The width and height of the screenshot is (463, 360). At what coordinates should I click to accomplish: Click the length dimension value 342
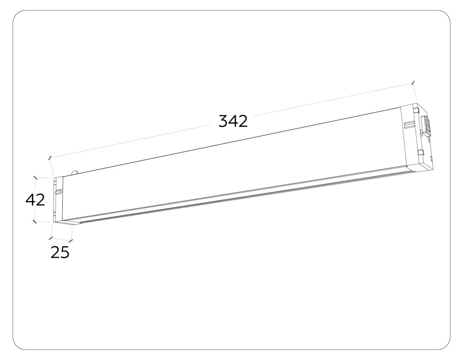pos(233,121)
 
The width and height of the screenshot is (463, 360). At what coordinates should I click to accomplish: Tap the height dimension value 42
pos(35,200)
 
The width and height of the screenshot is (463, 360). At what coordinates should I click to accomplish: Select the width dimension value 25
pos(60,252)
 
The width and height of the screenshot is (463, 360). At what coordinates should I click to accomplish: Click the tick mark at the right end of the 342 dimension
pos(413,83)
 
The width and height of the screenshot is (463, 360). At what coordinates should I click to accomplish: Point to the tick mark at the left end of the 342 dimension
pos(50,158)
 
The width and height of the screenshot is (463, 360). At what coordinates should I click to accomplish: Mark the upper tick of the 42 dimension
pos(35,178)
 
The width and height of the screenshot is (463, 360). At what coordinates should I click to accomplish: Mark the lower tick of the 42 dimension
pos(34,222)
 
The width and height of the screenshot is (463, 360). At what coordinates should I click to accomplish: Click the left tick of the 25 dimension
pos(51,238)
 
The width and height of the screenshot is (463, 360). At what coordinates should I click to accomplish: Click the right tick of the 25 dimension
pos(71,241)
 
